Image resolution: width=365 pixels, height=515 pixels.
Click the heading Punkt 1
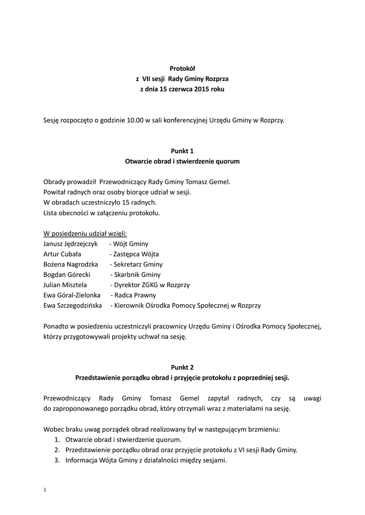click(x=182, y=151)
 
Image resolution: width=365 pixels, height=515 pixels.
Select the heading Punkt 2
click(x=182, y=367)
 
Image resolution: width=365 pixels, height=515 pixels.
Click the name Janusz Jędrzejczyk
click(x=70, y=243)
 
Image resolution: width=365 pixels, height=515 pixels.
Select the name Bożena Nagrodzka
click(x=70, y=264)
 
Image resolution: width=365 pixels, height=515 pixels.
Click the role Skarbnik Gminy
click(x=137, y=275)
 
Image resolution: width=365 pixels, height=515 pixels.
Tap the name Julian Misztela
click(x=65, y=285)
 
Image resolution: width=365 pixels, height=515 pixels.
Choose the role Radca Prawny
click(x=135, y=295)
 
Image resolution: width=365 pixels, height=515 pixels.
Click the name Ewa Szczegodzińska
click(x=72, y=305)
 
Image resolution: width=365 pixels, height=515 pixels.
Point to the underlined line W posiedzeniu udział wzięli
click(x=85, y=233)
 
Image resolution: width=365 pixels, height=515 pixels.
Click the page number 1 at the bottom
click(x=45, y=490)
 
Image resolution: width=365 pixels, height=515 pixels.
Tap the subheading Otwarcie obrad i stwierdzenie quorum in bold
click(x=182, y=161)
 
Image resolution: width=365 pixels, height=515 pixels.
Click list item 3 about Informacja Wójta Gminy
click(x=146, y=460)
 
